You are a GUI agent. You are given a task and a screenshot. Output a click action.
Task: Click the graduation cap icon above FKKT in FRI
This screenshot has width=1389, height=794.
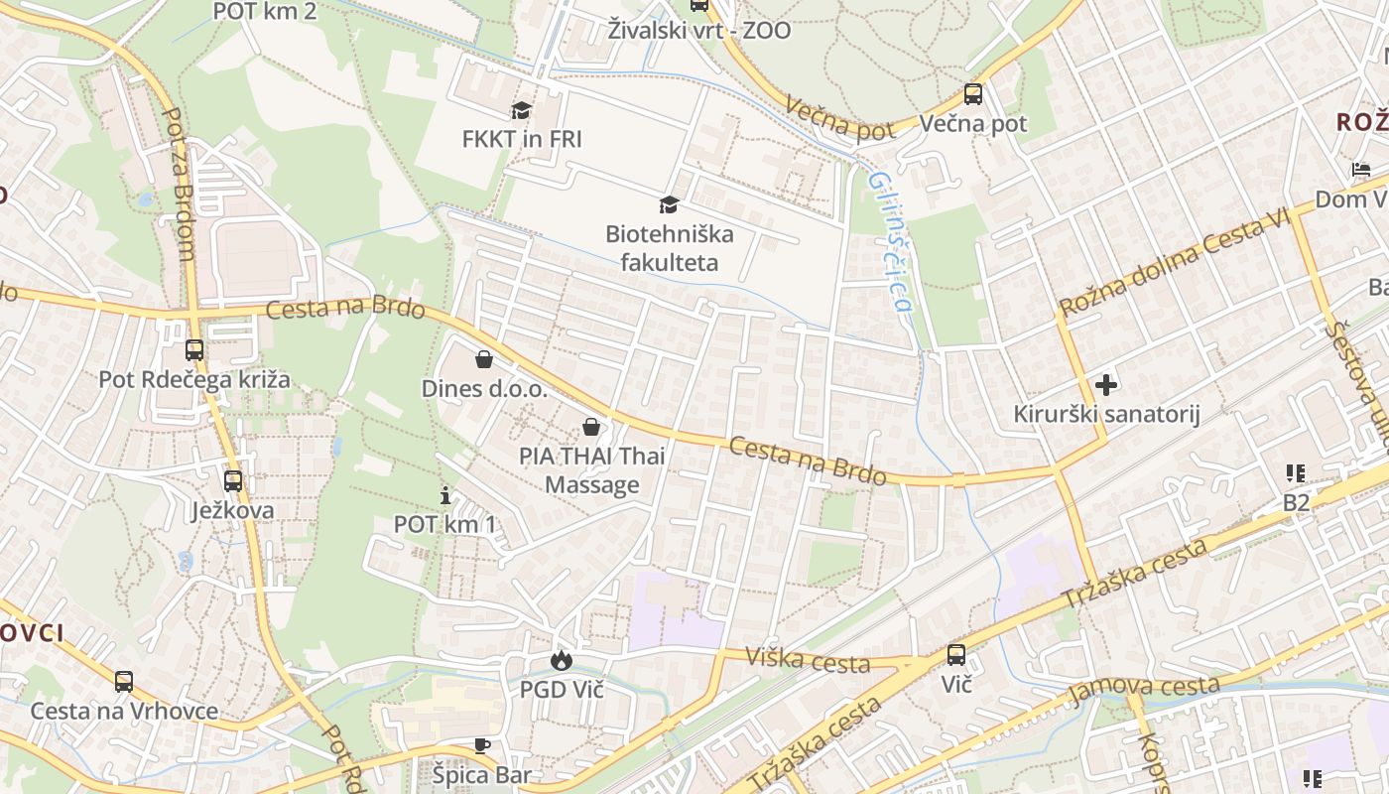tap(522, 110)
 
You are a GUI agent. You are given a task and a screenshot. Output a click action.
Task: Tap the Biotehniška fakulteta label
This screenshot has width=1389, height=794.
tap(670, 248)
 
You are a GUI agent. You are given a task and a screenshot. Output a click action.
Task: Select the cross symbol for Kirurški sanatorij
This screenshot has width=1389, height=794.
tap(1106, 384)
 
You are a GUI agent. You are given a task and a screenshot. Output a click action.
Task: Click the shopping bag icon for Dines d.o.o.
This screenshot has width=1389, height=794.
tap(484, 359)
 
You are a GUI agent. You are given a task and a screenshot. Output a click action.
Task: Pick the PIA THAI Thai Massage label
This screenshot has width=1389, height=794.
tap(592, 470)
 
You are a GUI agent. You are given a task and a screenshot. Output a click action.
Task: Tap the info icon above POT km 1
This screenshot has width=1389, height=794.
tap(445, 495)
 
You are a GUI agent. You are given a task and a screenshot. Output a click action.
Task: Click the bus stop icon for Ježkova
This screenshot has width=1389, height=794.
tap(233, 481)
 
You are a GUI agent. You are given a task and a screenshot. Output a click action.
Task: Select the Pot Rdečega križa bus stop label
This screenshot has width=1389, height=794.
tap(194, 379)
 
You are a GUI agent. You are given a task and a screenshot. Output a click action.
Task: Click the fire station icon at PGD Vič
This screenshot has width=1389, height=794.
tap(562, 661)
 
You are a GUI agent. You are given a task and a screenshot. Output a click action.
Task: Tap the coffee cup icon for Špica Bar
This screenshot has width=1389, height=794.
tap(482, 745)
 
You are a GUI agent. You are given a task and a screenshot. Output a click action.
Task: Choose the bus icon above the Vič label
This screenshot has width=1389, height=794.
tap(956, 655)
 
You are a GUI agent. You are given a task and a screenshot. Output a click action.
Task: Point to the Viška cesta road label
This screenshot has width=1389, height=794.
tap(808, 659)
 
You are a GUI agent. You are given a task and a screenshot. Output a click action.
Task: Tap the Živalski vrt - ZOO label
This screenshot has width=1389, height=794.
tap(700, 31)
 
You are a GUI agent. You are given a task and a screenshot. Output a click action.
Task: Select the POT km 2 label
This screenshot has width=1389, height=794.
tap(265, 12)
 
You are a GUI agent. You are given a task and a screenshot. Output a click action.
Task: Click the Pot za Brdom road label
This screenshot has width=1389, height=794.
tap(177, 185)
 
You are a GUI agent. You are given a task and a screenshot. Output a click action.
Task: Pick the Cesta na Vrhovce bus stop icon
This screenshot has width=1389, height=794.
tap(124, 682)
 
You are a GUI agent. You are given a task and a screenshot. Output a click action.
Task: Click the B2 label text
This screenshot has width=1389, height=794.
tap(1296, 503)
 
